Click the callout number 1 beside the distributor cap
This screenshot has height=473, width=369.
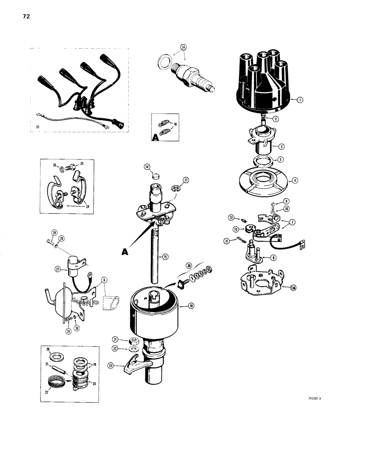pos(300,100)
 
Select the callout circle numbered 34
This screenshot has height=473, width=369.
pos(183,47)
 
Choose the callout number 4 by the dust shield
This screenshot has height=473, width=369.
pos(295,180)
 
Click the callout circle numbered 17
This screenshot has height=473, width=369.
pos(186,180)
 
